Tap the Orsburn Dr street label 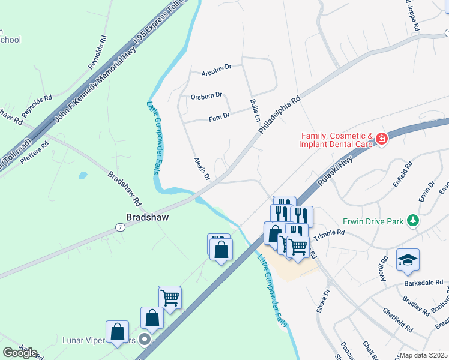[x=206, y=95]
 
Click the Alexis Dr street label [x=202, y=169]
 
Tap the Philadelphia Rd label [x=279, y=116]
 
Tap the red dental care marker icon [x=382, y=140]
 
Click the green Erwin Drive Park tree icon [x=412, y=221]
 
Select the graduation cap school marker [x=408, y=259]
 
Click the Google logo [x=20, y=353]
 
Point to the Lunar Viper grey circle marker [x=144, y=340]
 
